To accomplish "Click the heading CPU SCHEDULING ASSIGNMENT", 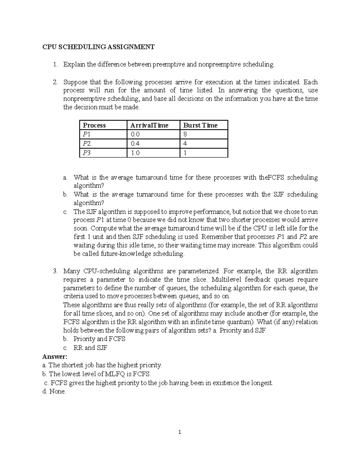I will pyautogui.click(x=98, y=47).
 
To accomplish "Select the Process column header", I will pyautogui.click(x=94, y=125).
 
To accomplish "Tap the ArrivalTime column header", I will pyautogui.click(x=149, y=125).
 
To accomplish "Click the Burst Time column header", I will pyautogui.click(x=200, y=125).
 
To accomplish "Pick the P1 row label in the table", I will pyautogui.click(x=87, y=134).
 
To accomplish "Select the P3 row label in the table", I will pyautogui.click(x=87, y=153).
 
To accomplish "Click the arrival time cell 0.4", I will pyautogui.click(x=135, y=144).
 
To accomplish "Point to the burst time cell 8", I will pyautogui.click(x=185, y=134).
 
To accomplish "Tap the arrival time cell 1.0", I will pyautogui.click(x=135, y=153).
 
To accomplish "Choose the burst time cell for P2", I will pyautogui.click(x=185, y=144).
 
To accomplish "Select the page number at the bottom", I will pyautogui.click(x=180, y=432).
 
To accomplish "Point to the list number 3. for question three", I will pyautogui.click(x=55, y=271).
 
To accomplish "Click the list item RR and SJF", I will pyautogui.click(x=90, y=348).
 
